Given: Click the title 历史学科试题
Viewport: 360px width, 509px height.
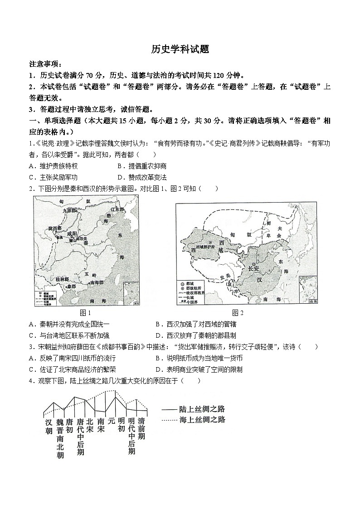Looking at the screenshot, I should point(180,49).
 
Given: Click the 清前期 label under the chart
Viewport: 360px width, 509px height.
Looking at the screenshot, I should point(141,428).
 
